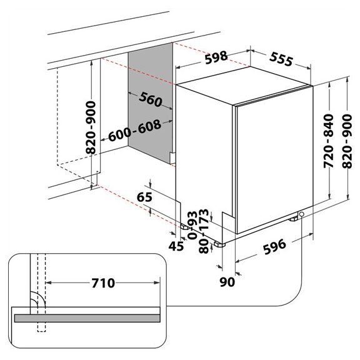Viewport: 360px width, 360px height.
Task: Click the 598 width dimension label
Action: point(216,57)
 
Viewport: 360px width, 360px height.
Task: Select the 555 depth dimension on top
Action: point(281,59)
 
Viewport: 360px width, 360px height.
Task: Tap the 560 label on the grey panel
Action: point(151,99)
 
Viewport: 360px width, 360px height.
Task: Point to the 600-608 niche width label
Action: point(135,131)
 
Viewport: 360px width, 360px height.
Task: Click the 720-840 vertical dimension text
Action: point(328,141)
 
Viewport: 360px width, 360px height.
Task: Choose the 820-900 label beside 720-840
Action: point(347,141)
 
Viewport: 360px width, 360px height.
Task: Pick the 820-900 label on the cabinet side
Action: point(91,127)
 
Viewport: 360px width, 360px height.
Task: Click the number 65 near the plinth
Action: point(144,197)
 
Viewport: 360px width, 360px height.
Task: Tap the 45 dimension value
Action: point(176,246)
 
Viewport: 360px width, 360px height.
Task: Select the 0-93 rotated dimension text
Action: point(192,225)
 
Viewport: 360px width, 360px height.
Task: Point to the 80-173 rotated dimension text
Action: point(204,231)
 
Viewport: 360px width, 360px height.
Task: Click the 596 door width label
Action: point(274,247)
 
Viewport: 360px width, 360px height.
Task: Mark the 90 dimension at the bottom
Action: point(227,282)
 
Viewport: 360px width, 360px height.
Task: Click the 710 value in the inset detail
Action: point(103,283)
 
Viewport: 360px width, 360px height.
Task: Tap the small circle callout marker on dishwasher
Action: point(302,214)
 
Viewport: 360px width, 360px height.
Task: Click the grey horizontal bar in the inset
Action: point(87,318)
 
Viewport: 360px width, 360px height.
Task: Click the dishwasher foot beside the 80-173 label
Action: point(219,244)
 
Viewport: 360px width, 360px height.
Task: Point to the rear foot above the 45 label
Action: point(185,227)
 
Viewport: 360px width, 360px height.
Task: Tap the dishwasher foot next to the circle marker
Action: point(294,219)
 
